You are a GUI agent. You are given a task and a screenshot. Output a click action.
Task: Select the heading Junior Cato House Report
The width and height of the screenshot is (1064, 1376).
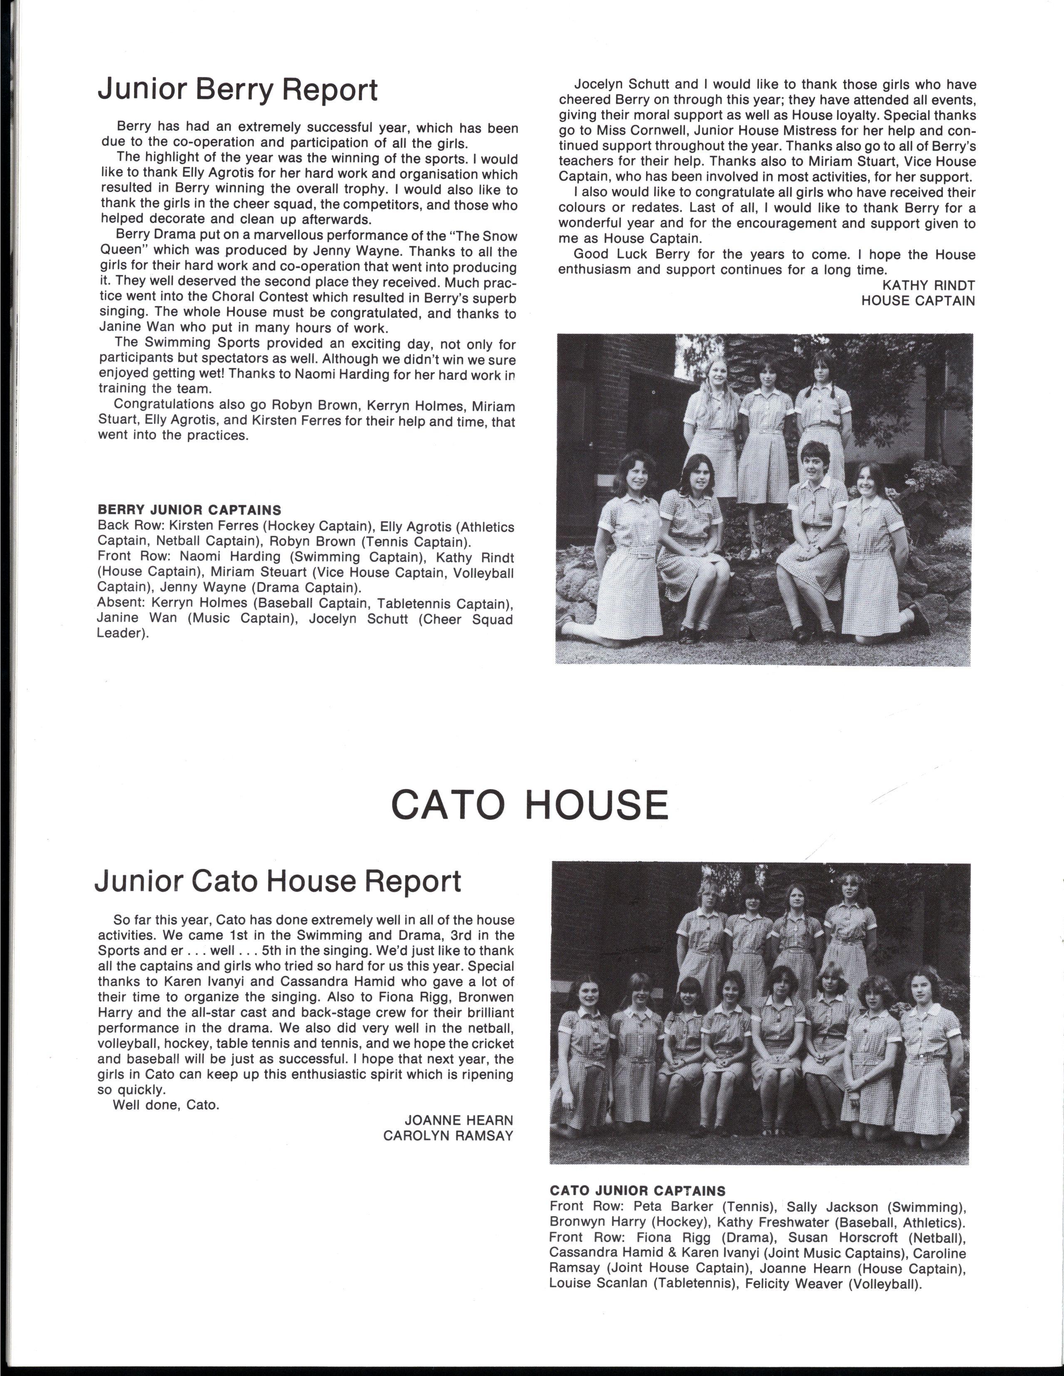tap(278, 881)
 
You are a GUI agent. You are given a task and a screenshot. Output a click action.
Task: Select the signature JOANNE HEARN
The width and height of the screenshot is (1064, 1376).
tap(459, 1120)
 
